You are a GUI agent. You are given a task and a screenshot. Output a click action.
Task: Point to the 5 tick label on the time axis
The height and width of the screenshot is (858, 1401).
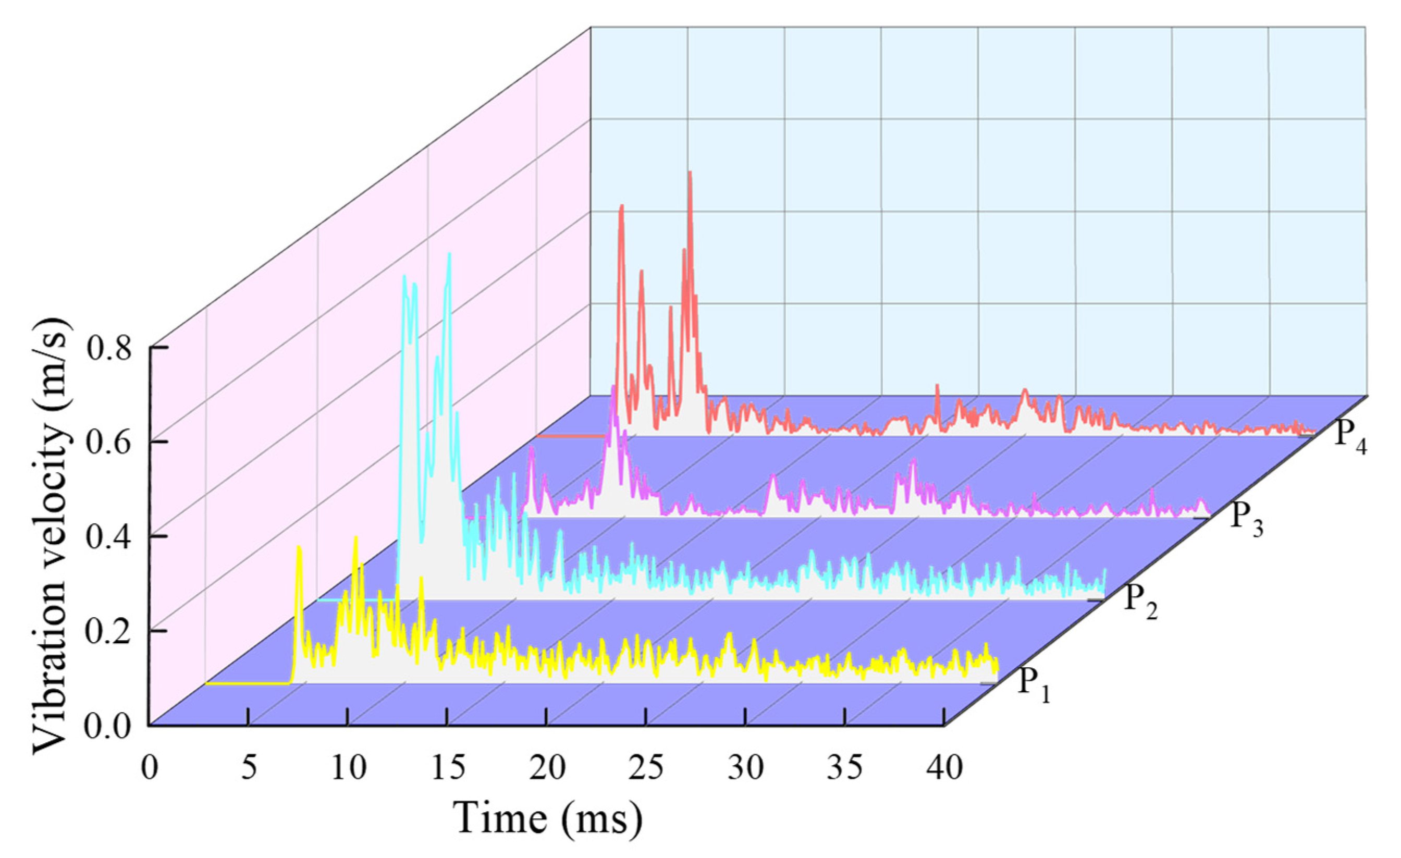[249, 769]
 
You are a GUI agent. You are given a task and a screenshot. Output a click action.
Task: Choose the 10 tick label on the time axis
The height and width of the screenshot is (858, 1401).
[348, 769]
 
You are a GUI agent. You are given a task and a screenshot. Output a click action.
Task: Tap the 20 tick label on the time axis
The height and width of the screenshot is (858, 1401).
[547, 769]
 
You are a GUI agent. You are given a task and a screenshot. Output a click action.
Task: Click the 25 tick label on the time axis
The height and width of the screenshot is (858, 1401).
[646, 769]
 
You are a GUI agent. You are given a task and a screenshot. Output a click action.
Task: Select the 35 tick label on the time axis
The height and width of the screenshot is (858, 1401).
[845, 769]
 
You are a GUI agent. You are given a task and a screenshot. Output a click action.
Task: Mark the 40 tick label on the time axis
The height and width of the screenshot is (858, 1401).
[944, 769]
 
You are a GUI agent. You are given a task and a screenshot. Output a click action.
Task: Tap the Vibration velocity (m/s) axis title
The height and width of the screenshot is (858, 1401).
[53, 536]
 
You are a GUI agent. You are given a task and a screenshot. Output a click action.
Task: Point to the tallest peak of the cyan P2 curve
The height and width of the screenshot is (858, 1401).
[449, 254]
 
